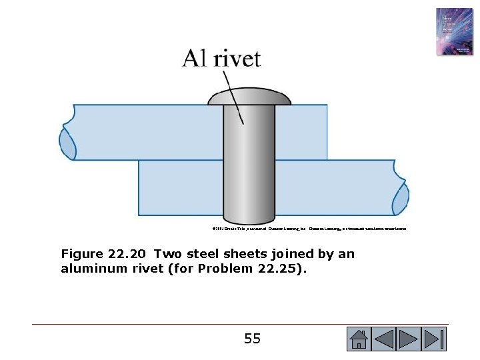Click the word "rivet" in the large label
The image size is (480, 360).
[x=234, y=59]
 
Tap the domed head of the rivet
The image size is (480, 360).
[x=249, y=99]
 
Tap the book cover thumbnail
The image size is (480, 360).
[x=454, y=32]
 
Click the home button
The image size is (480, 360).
[x=358, y=339]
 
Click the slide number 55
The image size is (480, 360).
[x=252, y=339]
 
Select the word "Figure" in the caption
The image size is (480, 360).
[x=81, y=254]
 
